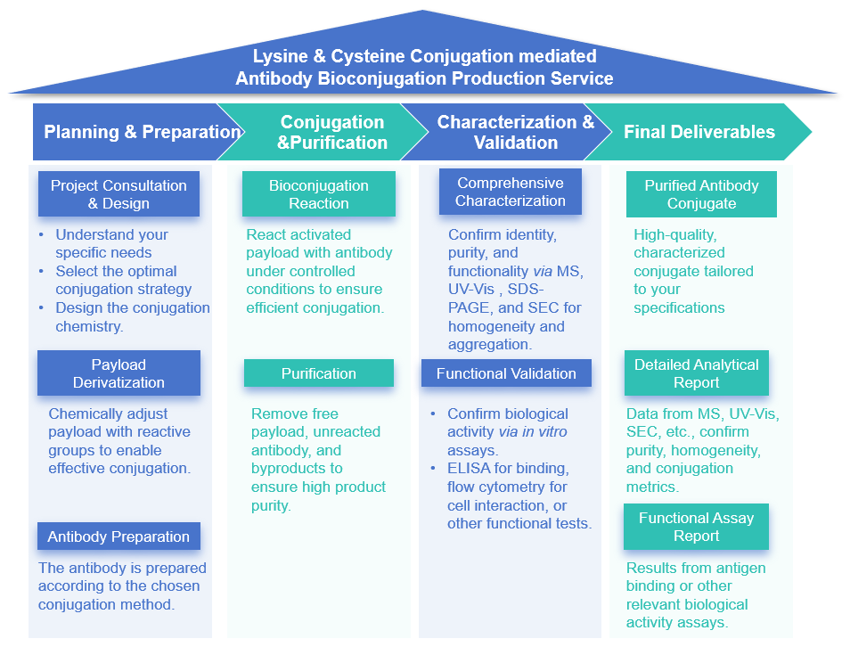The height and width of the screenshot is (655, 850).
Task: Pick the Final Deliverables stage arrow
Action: tap(699, 132)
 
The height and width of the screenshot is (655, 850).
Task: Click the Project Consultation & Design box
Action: tap(119, 194)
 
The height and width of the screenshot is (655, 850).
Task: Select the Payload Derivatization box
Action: tap(119, 373)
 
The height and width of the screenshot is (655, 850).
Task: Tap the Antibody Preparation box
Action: tap(119, 536)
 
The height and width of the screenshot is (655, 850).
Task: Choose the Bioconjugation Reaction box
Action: tap(318, 194)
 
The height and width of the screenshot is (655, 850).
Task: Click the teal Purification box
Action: tap(318, 373)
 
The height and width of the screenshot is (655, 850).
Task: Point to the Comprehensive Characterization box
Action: tap(510, 192)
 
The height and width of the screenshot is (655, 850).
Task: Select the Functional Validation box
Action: tap(506, 373)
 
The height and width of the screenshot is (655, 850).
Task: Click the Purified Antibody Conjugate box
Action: tap(701, 194)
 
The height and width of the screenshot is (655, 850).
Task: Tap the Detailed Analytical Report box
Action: tap(696, 373)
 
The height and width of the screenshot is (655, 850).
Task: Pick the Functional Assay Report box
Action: tap(696, 527)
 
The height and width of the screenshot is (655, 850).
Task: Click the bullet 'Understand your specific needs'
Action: tap(111, 243)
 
